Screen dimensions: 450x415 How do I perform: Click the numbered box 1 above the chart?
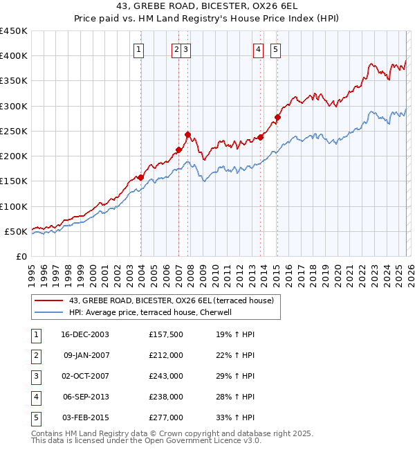click(139, 49)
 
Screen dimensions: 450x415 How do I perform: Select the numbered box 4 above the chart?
click(258, 49)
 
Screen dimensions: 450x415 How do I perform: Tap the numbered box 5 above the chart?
click(275, 49)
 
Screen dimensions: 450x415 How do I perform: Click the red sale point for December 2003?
click(141, 177)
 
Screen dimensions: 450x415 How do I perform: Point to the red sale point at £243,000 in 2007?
click(187, 134)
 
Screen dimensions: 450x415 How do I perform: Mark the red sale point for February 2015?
click(277, 117)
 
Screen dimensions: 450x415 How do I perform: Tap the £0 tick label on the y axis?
click(21, 256)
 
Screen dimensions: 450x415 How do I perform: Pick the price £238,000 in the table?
click(166, 397)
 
